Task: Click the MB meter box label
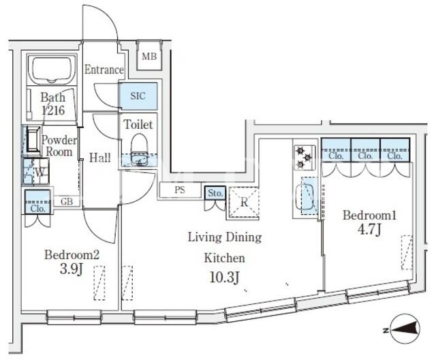[149, 57]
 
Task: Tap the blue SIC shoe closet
[138, 96]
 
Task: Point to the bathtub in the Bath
[52, 70]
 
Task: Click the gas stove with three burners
[305, 157]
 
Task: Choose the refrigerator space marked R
[244, 202]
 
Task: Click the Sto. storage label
[215, 193]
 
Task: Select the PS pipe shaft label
[180, 190]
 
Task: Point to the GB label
[67, 201]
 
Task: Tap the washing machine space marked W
[36, 172]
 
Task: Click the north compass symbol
[404, 329]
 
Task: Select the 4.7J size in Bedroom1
[369, 230]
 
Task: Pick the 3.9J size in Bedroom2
[72, 269]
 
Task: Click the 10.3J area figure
[224, 277]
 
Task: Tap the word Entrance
[104, 70]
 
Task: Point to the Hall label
[100, 157]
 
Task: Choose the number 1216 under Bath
[53, 110]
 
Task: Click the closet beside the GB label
[38, 202]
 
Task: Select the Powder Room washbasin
[33, 140]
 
